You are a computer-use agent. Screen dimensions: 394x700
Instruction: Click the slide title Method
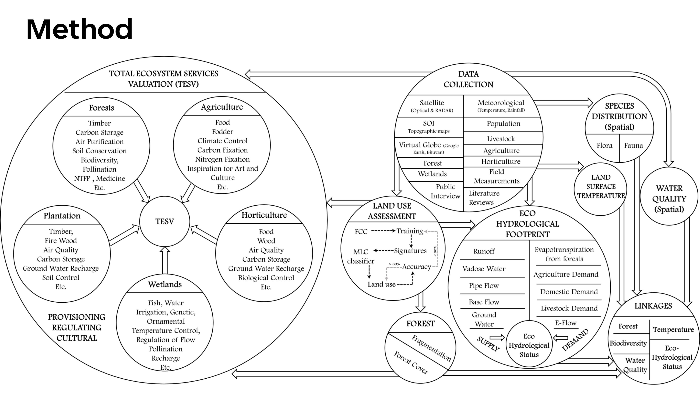coord(79,29)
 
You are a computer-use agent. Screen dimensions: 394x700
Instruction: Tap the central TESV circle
coord(164,221)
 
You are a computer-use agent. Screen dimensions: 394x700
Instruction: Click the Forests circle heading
coord(101,108)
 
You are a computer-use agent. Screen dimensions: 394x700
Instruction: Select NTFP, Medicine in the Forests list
coord(99,178)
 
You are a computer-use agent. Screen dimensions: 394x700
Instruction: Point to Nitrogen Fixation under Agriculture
coord(222,159)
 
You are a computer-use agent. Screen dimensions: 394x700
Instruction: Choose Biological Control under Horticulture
coord(266,278)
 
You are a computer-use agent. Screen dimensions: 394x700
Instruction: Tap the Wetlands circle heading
coord(165,284)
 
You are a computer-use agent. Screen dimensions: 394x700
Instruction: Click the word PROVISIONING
coord(77,317)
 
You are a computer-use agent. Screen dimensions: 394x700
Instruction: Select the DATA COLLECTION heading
coord(468,79)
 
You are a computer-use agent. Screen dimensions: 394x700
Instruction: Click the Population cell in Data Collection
coord(503,124)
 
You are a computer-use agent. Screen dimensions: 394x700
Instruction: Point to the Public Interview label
coord(445,191)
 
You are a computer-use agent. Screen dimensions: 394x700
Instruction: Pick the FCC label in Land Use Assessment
coord(361,232)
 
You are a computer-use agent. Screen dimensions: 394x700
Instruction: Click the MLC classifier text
coord(361,256)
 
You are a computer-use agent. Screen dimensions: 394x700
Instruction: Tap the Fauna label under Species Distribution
coord(633,146)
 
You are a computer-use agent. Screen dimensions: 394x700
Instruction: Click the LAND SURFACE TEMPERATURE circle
coord(601,186)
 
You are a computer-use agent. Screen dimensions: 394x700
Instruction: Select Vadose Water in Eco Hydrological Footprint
coord(484,269)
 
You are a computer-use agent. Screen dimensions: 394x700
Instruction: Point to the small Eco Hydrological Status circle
coord(529,345)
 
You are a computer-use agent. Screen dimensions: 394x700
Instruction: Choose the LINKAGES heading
coord(653,306)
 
